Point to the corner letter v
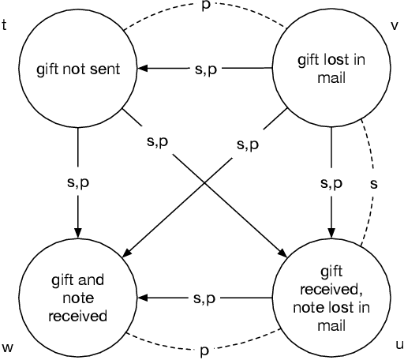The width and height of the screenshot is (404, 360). (395, 24)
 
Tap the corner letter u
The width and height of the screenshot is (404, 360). (397, 344)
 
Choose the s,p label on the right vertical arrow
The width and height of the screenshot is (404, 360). (331, 182)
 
